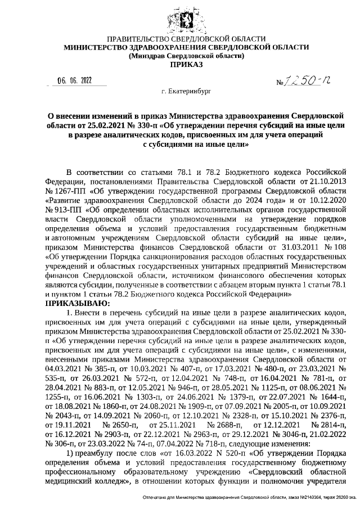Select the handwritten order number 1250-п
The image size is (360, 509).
pos(304,82)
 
